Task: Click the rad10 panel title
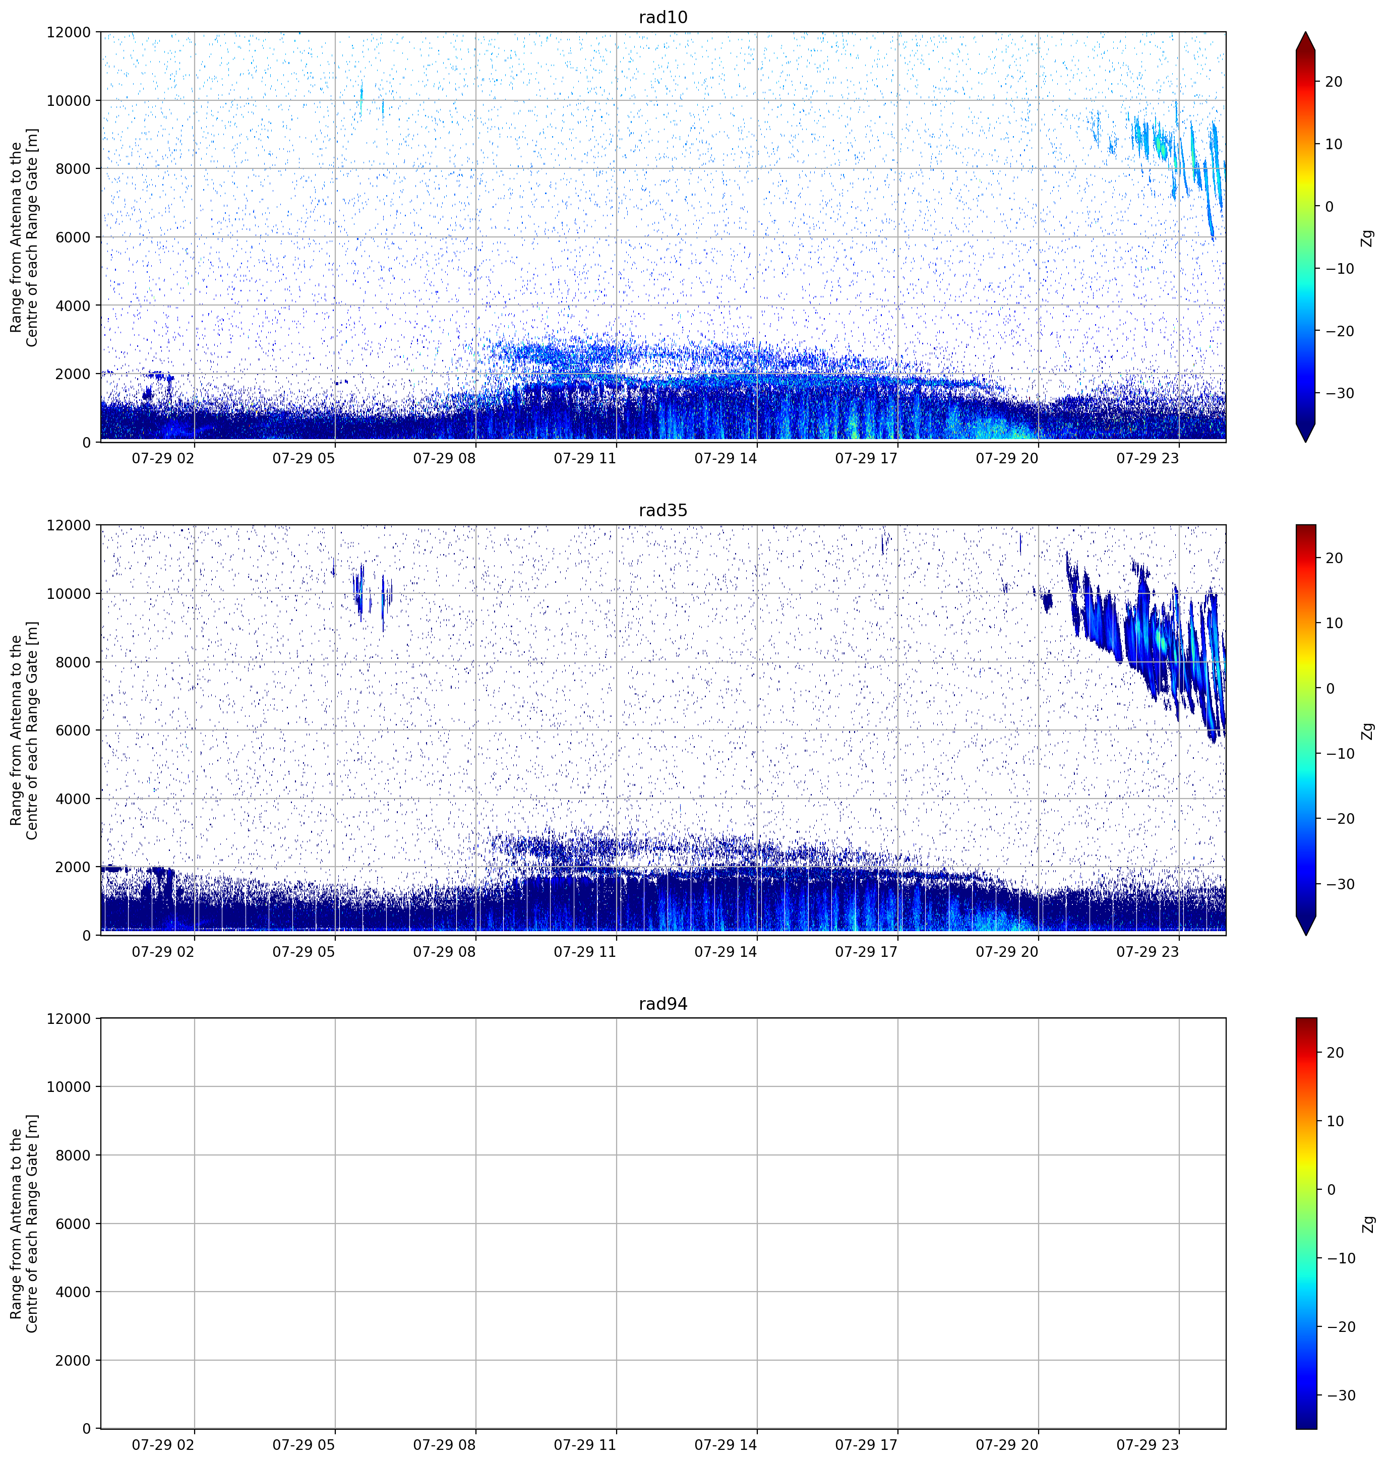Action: pos(662,17)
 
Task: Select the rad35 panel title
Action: pos(662,511)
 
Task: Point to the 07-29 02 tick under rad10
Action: pos(162,458)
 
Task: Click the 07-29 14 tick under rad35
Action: pos(726,952)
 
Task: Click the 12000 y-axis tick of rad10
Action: pos(69,32)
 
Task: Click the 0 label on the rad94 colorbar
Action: pos(1332,1190)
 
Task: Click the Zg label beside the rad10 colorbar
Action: pos(1367,238)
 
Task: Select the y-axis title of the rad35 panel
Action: pos(24,731)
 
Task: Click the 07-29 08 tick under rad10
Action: pos(444,458)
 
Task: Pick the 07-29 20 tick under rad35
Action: pos(1007,952)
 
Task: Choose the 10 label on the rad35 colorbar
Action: pos(1334,624)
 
